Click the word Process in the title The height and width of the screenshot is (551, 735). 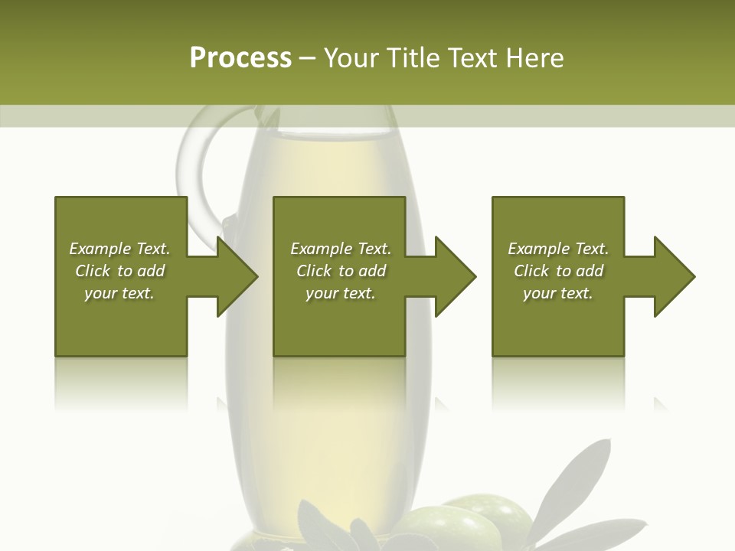(240, 58)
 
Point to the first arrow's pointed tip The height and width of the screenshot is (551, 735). (256, 276)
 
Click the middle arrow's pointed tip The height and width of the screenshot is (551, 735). (475, 276)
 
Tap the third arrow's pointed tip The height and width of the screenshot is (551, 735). (694, 276)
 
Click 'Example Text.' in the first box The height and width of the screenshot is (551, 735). (119, 249)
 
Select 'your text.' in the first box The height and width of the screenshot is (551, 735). (119, 293)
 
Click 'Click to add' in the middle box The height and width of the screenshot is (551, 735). (341, 271)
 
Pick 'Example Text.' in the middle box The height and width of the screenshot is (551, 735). (341, 249)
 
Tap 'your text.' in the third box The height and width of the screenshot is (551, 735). (558, 293)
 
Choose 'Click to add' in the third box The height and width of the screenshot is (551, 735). (558, 271)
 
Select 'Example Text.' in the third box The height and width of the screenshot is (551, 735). (558, 249)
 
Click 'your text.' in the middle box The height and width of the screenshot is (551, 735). (341, 293)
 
